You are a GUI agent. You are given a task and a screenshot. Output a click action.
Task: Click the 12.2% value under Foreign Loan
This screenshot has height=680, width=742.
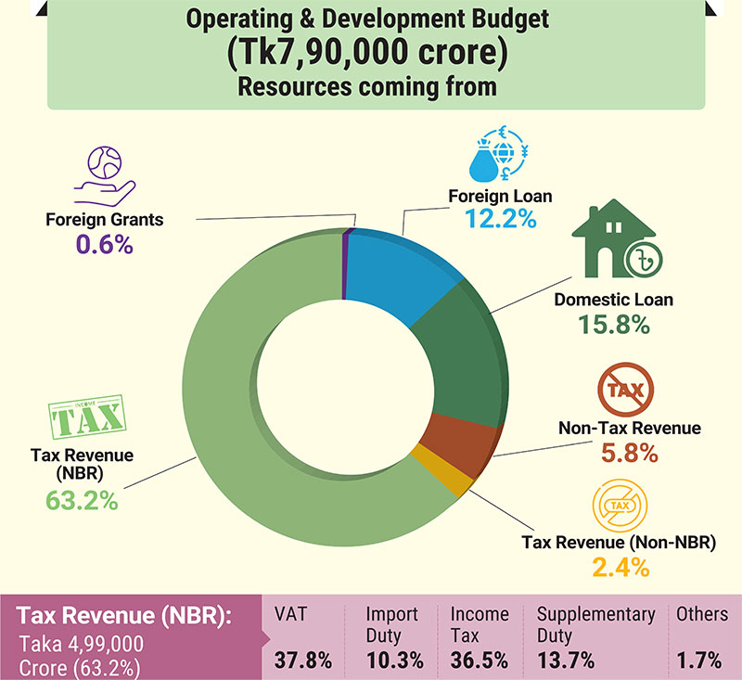(500, 222)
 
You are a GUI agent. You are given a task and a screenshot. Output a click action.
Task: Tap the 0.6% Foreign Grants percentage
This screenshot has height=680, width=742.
(104, 245)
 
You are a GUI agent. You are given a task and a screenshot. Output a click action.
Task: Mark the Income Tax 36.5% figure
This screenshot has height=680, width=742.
(480, 660)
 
